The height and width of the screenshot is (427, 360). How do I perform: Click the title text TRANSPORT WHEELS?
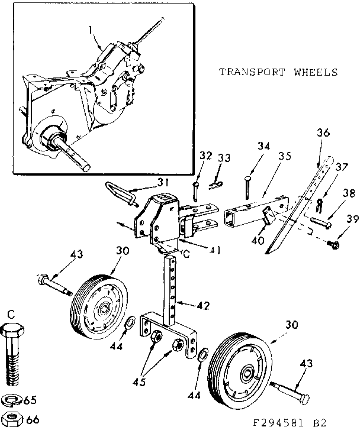point(278,72)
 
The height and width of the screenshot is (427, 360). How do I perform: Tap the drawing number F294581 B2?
point(290,422)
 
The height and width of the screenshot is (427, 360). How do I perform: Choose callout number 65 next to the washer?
point(30,399)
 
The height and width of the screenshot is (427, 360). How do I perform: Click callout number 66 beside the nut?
point(33,419)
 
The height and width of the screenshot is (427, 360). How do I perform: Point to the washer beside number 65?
point(12,399)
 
